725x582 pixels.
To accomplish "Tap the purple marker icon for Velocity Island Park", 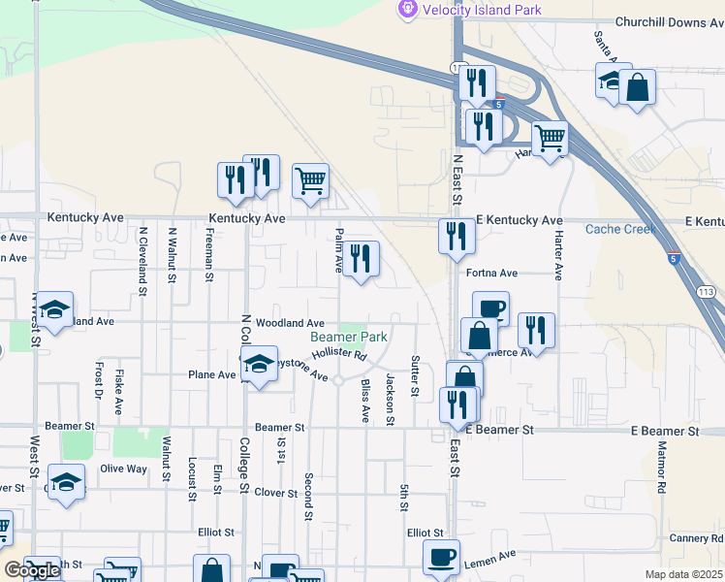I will point(407,9).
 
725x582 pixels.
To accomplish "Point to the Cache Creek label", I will point(621,229).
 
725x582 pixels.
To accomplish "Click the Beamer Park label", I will point(349,337).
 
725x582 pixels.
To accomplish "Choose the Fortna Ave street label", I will point(491,274).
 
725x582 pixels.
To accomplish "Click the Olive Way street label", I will point(123,469).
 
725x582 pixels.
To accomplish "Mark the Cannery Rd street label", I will point(695,538).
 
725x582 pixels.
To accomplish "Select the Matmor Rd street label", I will point(663,466).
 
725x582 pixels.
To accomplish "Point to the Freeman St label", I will point(209,255).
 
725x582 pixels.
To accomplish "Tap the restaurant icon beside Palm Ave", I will point(361,259).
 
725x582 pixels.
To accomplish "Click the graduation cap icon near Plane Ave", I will point(259,366).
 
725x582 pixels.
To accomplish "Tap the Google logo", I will point(32,570).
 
